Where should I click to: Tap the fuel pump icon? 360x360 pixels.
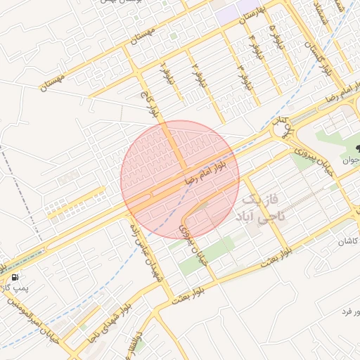tap(15, 276)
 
